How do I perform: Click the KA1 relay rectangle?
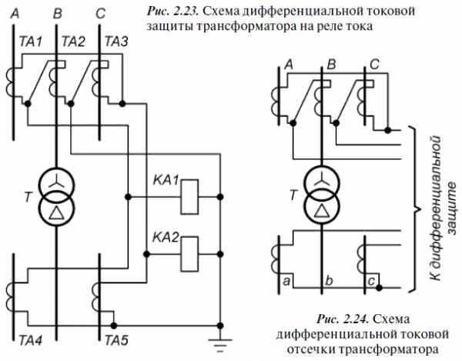coord(189,197)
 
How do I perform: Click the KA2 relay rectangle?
coord(189,254)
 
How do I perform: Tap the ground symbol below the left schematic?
coord(219,345)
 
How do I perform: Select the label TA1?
coord(31,42)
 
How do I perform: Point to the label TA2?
coord(73,42)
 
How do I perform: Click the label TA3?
coord(116,42)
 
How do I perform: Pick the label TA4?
coord(30,340)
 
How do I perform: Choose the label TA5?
coord(116,340)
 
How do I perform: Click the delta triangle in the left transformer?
coord(56,212)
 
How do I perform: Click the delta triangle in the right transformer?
coord(322,210)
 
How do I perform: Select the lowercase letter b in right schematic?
coord(329,280)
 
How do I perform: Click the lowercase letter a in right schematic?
coord(286,281)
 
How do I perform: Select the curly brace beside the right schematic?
coord(415,209)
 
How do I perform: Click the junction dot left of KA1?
coord(128,197)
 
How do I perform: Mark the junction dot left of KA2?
coord(146,254)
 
